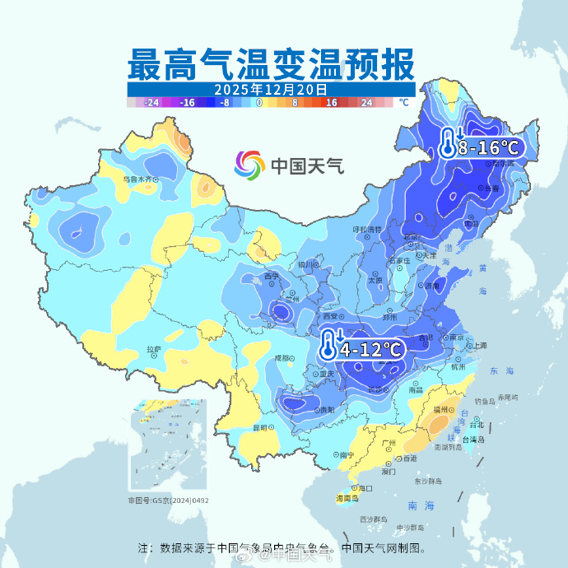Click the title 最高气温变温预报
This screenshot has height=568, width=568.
click(x=272, y=63)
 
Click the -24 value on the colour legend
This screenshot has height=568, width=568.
click(x=151, y=103)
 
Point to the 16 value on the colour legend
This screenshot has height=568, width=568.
click(x=332, y=103)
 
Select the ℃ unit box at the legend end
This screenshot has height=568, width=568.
click(x=403, y=103)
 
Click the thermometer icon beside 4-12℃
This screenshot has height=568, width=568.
click(x=328, y=347)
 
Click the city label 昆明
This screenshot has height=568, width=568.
click(x=260, y=427)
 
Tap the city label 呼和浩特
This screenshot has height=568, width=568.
click(x=367, y=229)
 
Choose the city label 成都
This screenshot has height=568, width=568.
click(x=282, y=358)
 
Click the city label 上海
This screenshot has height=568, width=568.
click(x=478, y=345)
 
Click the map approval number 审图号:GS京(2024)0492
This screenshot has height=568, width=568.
click(x=168, y=500)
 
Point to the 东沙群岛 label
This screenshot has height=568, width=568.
click(x=428, y=481)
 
